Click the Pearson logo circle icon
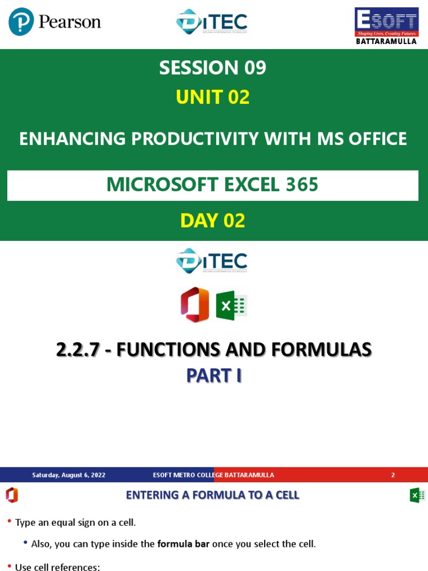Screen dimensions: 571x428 tap(21, 22)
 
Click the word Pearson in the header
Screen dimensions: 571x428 tap(70, 22)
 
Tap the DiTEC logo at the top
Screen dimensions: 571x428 tap(212, 22)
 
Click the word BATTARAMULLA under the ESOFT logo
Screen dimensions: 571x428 tap(387, 41)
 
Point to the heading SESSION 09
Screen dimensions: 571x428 tap(213, 68)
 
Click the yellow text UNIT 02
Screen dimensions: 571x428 tap(213, 98)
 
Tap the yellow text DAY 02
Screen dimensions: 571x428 tap(213, 221)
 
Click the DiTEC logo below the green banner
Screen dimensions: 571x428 tap(212, 260)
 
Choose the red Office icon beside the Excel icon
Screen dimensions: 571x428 tap(194, 305)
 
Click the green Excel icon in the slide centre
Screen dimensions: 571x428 tap(231, 306)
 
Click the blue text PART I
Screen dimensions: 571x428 tap(213, 376)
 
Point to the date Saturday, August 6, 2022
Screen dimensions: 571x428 tap(69, 475)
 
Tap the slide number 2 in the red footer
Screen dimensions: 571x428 tap(393, 475)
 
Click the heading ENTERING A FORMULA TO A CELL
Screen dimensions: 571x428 tap(212, 495)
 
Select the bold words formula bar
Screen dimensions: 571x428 tap(183, 544)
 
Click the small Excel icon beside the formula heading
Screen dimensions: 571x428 tap(417, 495)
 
